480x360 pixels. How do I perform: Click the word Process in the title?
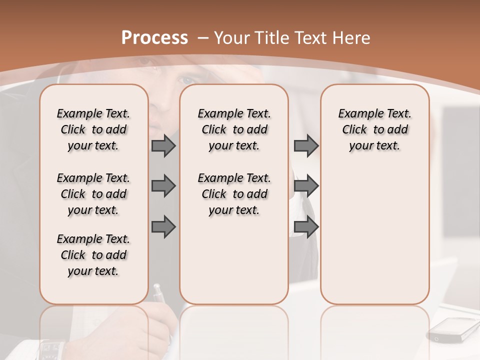154,38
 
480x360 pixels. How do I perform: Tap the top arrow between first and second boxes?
163,145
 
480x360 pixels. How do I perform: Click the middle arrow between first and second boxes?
163,186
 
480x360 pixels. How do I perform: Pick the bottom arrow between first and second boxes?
163,227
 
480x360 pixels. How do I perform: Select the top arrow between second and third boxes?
306,145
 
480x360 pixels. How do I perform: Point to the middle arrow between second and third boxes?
306,186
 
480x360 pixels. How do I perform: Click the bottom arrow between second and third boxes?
306,227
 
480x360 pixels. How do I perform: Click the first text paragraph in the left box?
93,129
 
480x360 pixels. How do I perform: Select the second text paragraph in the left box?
93,194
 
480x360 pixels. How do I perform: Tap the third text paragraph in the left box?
93,255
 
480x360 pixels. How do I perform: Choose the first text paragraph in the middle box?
234,129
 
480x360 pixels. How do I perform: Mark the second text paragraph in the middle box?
234,194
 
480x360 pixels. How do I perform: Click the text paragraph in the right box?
374,129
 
